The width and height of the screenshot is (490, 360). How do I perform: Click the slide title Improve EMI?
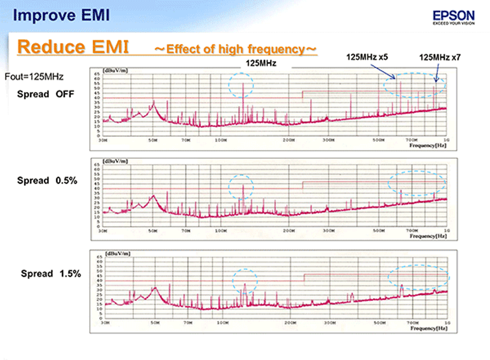pyautogui.click(x=61, y=15)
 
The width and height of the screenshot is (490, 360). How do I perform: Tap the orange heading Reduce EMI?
pyautogui.click(x=73, y=47)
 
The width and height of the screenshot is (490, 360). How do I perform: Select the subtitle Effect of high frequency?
pyautogui.click(x=235, y=49)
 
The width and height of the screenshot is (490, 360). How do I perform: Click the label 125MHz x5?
pyautogui.click(x=367, y=57)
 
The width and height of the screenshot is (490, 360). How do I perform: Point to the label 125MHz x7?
pyautogui.click(x=440, y=57)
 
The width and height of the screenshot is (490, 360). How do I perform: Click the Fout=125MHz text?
pyautogui.click(x=34, y=77)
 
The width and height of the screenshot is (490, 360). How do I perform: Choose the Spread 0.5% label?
pyautogui.click(x=47, y=181)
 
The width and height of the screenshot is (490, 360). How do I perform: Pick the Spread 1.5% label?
pyautogui.click(x=51, y=274)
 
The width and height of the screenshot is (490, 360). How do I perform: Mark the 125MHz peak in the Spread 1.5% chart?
pyautogui.click(x=245, y=286)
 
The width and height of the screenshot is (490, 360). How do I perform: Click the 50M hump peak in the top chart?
pyautogui.click(x=154, y=103)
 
